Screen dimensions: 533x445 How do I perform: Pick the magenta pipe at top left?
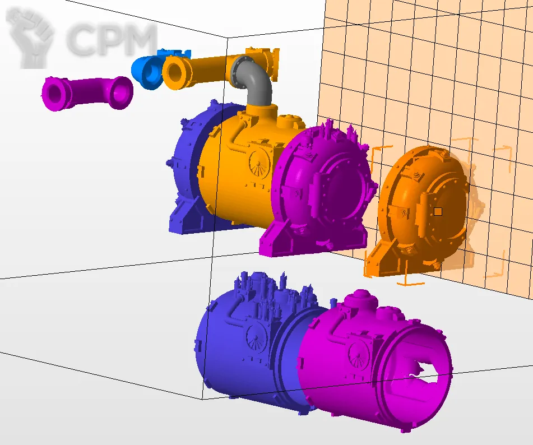pos(87,93)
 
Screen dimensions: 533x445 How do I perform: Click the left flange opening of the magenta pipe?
pos(54,94)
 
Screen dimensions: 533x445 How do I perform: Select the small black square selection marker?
pos(438,212)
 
